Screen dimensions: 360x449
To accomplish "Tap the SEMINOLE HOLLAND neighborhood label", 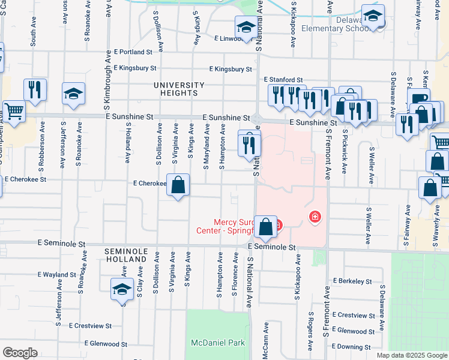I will coord(125,254).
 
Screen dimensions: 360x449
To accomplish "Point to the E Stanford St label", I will coord(283,80).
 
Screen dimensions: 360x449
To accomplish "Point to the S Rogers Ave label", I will coord(310,332).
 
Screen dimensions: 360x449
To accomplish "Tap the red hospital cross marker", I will coord(313,217).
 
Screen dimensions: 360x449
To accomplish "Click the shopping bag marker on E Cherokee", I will coord(178,185).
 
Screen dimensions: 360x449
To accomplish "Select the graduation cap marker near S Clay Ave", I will coord(122,289).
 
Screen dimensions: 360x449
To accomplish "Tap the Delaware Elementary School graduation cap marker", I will coord(373,16).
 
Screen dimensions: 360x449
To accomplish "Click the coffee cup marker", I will coord(418,98).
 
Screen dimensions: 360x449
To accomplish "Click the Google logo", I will coord(20,353).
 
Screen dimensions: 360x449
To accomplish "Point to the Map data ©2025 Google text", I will coord(411,355).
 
